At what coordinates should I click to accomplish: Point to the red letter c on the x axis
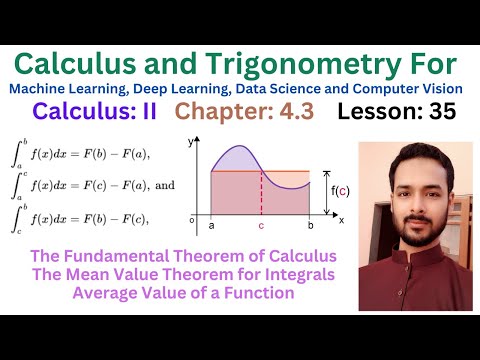point(261,226)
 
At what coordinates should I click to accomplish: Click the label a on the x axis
point(211,226)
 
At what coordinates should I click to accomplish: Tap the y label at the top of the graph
point(189,143)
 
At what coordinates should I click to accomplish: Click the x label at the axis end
point(341,218)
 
